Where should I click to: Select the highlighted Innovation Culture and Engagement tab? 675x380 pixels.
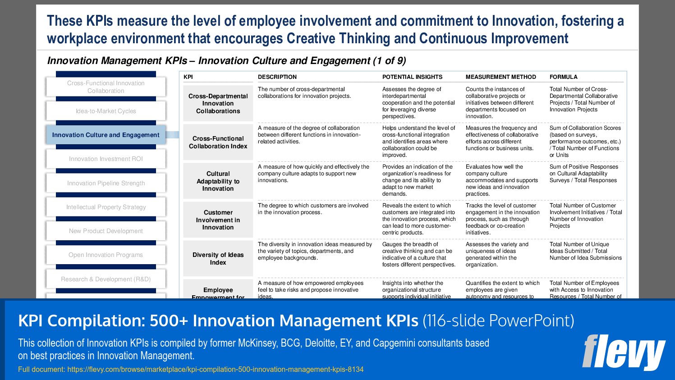106,135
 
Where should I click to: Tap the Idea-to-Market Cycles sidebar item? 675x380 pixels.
106,111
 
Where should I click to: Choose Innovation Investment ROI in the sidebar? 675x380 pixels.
106,159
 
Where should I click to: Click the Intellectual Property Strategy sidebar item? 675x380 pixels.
106,207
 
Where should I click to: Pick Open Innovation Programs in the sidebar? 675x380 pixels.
106,255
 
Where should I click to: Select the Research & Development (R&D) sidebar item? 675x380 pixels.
106,279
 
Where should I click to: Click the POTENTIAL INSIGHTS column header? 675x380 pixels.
412,77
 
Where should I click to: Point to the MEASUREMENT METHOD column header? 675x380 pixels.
501,77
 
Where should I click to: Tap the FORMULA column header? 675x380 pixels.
563,77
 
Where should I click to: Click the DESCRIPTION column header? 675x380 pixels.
277,77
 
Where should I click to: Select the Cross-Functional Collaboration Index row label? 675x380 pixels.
218,142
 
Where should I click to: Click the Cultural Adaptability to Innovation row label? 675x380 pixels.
218,181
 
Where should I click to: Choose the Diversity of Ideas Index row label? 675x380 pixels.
218,259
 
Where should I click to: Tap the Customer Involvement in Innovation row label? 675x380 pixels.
218,220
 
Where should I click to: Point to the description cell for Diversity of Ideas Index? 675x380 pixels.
315,251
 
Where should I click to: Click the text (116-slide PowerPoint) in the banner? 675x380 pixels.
498,321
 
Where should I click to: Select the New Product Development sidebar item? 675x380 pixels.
106,231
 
